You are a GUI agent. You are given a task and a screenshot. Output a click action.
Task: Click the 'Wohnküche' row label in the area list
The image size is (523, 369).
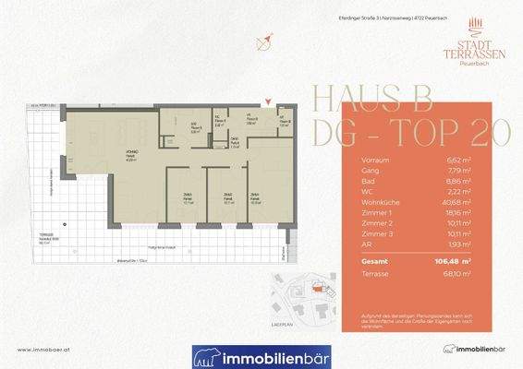pyautogui.click(x=383, y=202)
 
